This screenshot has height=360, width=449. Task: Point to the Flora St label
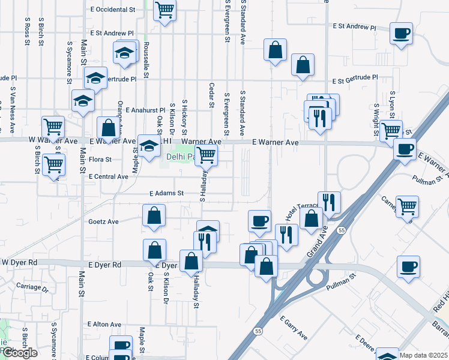tap(100, 160)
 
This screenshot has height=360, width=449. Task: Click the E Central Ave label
tap(109, 177)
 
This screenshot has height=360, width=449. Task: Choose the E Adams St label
tap(166, 193)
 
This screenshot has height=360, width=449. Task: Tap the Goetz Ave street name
tap(104, 221)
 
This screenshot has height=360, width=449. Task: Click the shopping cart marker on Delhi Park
tap(206, 155)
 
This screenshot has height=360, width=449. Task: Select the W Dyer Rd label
tap(19, 262)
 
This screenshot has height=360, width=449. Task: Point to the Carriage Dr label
tap(32, 287)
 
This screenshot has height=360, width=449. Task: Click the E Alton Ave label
tap(104, 324)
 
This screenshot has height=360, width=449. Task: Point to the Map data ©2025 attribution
tap(423, 355)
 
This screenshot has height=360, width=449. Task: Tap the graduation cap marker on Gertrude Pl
tap(95, 77)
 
